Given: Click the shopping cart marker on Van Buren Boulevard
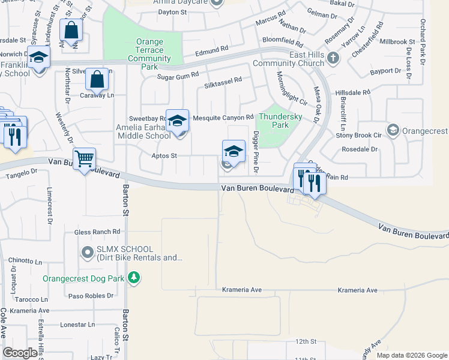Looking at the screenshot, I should tap(85, 158).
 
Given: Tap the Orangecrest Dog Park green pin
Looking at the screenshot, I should tap(134, 278).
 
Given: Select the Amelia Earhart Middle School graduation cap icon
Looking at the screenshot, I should tap(177, 121).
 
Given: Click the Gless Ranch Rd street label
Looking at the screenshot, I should tap(97, 232).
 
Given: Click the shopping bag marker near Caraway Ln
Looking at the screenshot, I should tap(96, 79).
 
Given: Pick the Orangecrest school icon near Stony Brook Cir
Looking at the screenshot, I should tap(393, 130).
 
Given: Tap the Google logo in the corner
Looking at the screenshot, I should tap(20, 353).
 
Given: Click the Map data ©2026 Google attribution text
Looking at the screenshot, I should tap(412, 355).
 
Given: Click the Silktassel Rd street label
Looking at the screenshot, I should tap(223, 79).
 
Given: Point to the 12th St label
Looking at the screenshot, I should tap(305, 341).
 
